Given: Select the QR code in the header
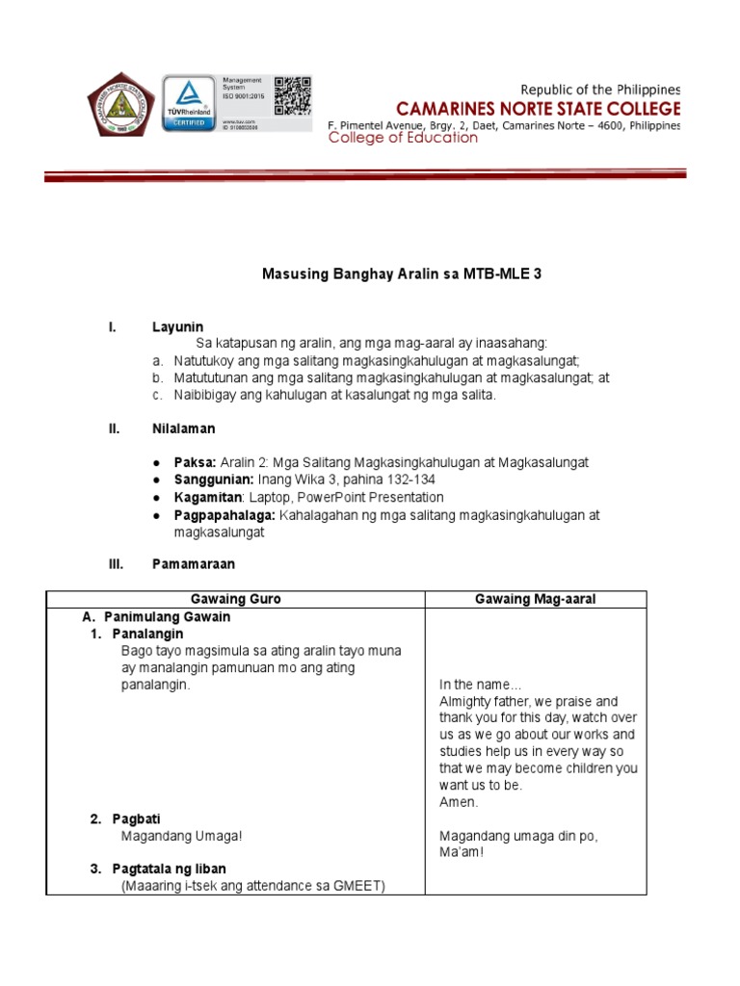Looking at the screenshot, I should click(293, 95).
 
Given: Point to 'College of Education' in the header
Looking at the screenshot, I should click(403, 138).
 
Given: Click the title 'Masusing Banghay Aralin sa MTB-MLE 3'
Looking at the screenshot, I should click(403, 274).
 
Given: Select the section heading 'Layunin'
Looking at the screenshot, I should click(177, 327).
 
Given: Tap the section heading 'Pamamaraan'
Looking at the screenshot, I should click(193, 563).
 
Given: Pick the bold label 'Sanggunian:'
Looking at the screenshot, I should click(214, 480).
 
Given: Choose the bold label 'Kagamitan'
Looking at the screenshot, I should click(208, 498).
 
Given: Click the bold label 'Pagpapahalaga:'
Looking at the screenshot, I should click(225, 515).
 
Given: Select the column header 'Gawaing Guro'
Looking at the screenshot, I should click(236, 599).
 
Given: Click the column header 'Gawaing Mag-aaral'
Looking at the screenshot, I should click(536, 599).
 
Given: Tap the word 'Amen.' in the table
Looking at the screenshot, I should click(459, 801).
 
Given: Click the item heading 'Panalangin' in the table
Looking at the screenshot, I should click(147, 634).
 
